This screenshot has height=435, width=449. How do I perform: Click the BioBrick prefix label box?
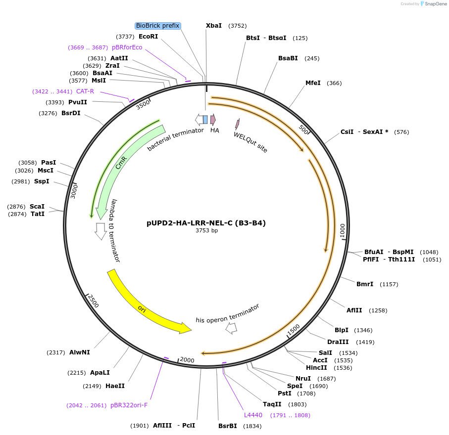click(158, 26)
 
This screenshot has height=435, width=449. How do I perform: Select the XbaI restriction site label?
click(214, 26)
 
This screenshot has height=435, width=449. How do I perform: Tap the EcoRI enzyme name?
click(148, 37)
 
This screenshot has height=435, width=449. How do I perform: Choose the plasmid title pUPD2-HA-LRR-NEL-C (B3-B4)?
click(206, 223)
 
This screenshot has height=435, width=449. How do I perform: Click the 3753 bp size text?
click(206, 230)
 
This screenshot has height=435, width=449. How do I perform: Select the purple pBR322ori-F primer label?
click(129, 405)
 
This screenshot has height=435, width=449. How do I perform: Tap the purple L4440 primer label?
click(253, 415)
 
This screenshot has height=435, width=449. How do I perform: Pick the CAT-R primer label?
click(85, 91)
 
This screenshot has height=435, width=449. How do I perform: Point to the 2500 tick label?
click(94, 301)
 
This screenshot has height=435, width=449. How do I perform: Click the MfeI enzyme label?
click(313, 83)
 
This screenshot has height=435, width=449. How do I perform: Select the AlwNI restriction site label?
click(80, 352)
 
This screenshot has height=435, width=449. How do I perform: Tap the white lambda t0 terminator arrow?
click(101, 231)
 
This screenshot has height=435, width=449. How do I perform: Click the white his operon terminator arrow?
click(231, 328)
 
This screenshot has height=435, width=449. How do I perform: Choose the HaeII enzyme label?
click(115, 386)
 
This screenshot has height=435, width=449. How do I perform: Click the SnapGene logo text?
click(434, 4)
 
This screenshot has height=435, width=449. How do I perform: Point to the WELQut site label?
click(250, 142)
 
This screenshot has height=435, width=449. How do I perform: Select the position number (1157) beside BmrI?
click(389, 284)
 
